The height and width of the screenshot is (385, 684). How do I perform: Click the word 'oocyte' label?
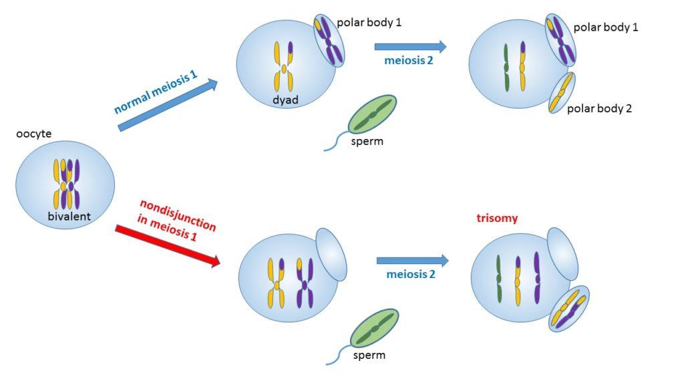click(x=33, y=134)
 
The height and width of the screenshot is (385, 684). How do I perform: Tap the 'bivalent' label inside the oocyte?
click(x=69, y=216)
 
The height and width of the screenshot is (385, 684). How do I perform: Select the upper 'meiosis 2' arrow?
click(x=409, y=46)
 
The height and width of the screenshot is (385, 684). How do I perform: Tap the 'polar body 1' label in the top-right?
click(x=606, y=28)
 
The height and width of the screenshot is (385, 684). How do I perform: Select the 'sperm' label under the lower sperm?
click(x=369, y=355)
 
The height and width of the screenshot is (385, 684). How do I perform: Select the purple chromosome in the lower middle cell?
click(x=305, y=283)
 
